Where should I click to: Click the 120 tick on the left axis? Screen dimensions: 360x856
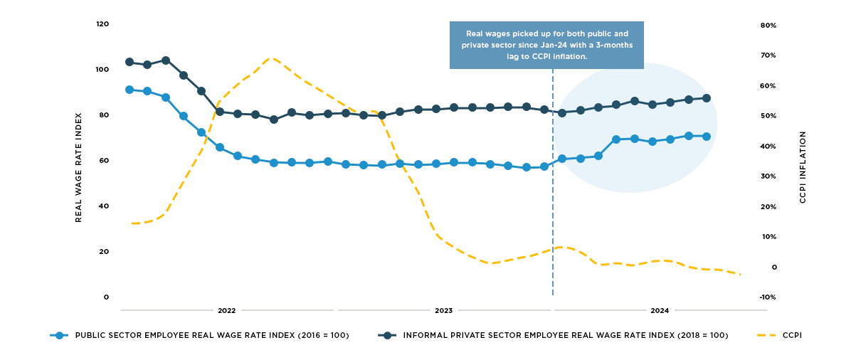102,24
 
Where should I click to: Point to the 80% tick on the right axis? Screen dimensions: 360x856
768,25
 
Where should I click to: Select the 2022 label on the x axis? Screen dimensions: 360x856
227,311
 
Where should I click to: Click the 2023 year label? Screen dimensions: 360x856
444,311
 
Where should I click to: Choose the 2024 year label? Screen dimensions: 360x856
660,311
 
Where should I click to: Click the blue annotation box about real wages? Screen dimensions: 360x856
546,45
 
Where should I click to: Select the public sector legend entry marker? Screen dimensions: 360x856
60,335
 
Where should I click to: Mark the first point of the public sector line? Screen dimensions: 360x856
130,90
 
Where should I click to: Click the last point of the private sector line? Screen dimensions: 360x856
707,98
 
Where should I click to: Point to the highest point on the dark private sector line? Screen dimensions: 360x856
166,60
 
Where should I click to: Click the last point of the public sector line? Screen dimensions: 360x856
707,137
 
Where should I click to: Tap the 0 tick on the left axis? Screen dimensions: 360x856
106,297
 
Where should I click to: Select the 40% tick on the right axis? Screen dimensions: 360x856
768,147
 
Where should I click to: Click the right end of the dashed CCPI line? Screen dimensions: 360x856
741,275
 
